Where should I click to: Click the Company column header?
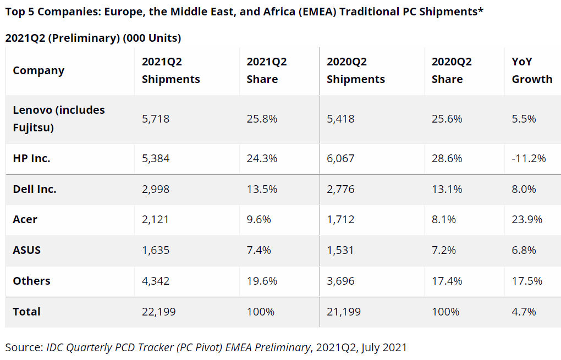(x=38, y=70)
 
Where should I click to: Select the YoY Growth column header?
(x=532, y=70)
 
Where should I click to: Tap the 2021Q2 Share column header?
(x=266, y=70)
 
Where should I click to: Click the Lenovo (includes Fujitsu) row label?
(x=58, y=119)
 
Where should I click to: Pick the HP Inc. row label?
(x=31, y=158)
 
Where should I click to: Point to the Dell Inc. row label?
(x=35, y=189)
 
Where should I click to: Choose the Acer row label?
(x=25, y=219)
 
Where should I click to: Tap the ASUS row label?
(x=27, y=250)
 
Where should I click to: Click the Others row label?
(x=31, y=281)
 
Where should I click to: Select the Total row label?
(x=26, y=312)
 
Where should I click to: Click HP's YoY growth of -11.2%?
(x=529, y=158)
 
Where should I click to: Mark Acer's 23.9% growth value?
(x=527, y=219)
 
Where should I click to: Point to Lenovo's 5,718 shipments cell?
(x=156, y=119)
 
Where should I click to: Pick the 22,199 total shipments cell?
(x=158, y=312)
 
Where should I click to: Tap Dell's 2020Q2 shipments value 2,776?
(x=340, y=189)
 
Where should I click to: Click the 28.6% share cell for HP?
(x=447, y=158)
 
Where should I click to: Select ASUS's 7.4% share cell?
(x=258, y=250)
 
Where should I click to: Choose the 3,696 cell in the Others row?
(x=340, y=281)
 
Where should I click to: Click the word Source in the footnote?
(x=23, y=347)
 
